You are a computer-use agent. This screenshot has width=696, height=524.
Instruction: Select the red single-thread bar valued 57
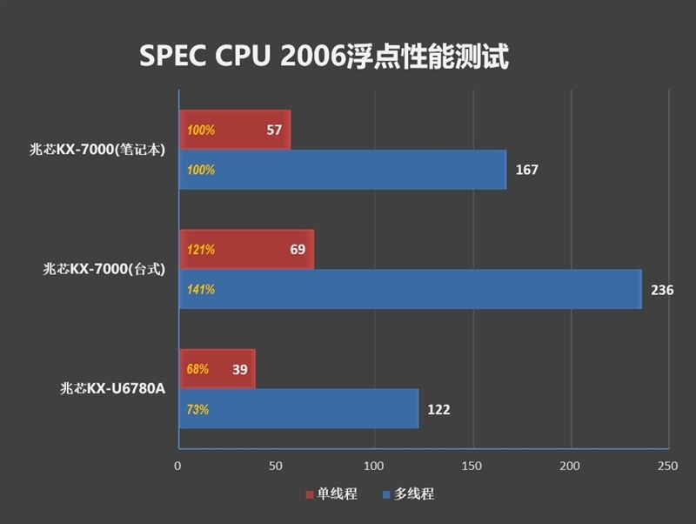[x=235, y=131]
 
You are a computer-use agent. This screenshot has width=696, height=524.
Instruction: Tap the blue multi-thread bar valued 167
[x=343, y=170]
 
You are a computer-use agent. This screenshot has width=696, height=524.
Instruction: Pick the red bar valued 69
[x=246, y=250]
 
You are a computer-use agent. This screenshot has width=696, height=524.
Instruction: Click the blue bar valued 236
[x=410, y=289]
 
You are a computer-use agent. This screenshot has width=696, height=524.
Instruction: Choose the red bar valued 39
[x=217, y=369]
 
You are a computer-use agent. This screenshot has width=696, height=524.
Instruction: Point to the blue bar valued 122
[x=298, y=409]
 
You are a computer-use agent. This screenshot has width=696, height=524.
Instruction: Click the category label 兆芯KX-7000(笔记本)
[x=97, y=149]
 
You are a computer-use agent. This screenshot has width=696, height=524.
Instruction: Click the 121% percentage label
[x=201, y=250]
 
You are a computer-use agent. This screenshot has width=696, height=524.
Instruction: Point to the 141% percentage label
[x=201, y=290]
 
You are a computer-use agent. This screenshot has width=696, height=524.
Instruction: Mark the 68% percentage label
[x=197, y=369]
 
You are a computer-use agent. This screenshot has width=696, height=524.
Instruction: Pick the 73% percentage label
[x=197, y=409]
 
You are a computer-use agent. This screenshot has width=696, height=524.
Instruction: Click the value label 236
[x=662, y=290]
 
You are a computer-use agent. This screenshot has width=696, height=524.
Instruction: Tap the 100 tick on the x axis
[x=374, y=467]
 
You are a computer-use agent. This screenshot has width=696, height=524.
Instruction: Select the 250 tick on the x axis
[x=667, y=467]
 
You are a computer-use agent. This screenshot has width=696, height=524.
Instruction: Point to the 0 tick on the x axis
[x=178, y=467]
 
